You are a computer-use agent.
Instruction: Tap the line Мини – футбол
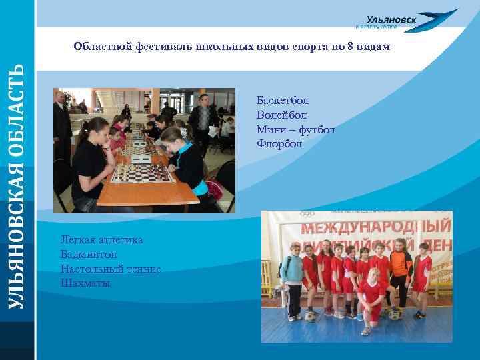pyautogui.click(x=295, y=129)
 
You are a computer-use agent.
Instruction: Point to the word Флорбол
pyautogui.click(x=279, y=143)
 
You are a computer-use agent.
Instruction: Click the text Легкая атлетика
pyautogui.click(x=101, y=240)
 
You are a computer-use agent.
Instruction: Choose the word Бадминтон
pyautogui.click(x=89, y=254)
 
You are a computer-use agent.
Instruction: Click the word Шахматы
pyautogui.click(x=85, y=283)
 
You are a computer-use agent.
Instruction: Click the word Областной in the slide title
pyautogui.click(x=103, y=47)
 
